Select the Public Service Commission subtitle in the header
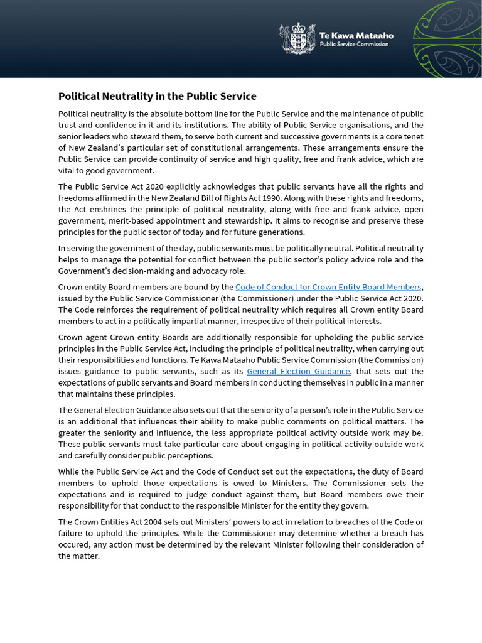(354, 45)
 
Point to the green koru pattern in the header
(447, 38)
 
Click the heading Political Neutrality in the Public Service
(157, 96)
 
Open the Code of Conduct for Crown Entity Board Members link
(328, 287)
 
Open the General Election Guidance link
(298, 371)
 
